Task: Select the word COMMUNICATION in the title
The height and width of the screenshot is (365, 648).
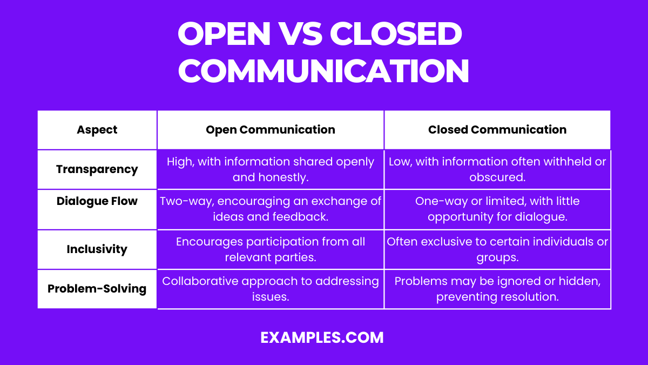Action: pos(323,70)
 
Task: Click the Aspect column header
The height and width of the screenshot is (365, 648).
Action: pos(97,130)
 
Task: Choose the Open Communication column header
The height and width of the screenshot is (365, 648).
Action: pos(271,130)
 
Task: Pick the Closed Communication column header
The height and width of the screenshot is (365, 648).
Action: pos(497,130)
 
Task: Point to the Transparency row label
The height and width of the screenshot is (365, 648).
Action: pos(97,169)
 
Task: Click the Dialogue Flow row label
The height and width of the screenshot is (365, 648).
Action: pos(97,201)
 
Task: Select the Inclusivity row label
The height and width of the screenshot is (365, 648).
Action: pos(97,249)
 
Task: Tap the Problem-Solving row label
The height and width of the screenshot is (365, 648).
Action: pos(97,289)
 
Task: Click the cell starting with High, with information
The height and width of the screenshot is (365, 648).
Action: pos(271,169)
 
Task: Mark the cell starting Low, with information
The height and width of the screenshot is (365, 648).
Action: pos(497,169)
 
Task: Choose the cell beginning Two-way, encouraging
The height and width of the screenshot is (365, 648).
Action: pos(271,209)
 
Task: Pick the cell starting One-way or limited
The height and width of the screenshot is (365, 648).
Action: pos(497,209)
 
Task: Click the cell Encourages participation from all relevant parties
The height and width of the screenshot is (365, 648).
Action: pos(271,249)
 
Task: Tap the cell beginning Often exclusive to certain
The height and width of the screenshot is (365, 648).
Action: pos(497,249)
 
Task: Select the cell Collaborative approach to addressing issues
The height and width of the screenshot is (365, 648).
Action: pos(271,289)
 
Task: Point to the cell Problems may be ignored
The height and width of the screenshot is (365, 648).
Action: pos(497,289)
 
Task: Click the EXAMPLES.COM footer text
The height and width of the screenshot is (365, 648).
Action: pos(322,337)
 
